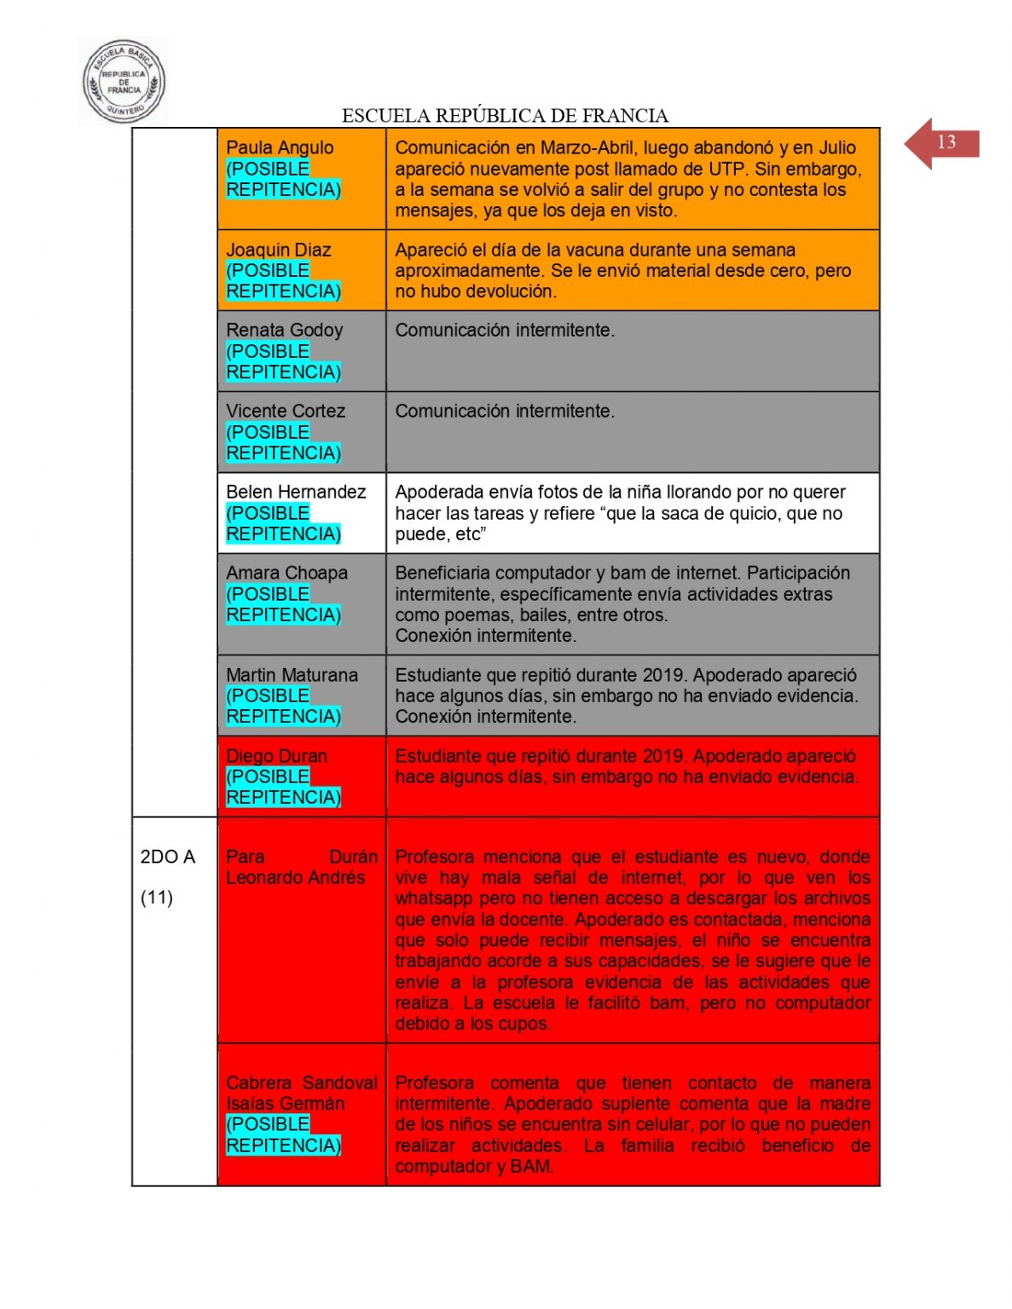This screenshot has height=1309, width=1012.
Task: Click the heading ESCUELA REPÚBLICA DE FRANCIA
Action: click(505, 116)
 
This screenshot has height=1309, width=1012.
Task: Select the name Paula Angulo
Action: click(280, 147)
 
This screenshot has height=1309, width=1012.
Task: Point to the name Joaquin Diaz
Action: click(278, 250)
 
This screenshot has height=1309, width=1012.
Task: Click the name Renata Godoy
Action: click(284, 330)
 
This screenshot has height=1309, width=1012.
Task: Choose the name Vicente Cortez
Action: click(286, 411)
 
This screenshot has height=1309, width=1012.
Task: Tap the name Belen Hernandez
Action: click(296, 492)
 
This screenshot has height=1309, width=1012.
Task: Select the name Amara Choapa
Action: click(286, 573)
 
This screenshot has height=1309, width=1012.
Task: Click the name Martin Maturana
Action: click(292, 675)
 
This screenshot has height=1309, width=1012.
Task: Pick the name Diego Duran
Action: click(276, 756)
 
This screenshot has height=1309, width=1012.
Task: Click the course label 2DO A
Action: click(167, 856)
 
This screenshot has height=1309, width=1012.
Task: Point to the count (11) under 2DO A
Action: click(157, 897)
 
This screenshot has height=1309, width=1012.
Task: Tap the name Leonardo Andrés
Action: click(295, 877)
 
